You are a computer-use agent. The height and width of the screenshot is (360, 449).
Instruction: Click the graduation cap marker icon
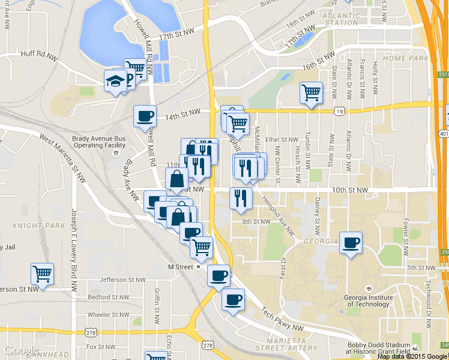[115, 82]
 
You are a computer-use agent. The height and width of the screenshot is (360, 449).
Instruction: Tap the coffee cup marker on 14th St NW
[144, 116]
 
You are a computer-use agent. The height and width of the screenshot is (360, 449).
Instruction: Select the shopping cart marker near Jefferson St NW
[43, 274]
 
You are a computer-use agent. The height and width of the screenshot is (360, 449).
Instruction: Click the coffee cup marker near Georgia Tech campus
[351, 242]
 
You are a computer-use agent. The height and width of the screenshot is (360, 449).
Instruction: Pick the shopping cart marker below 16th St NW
[311, 93]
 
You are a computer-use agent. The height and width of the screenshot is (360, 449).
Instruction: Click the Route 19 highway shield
[340, 111]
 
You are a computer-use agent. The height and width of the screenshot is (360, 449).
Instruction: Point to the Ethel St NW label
[285, 139]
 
